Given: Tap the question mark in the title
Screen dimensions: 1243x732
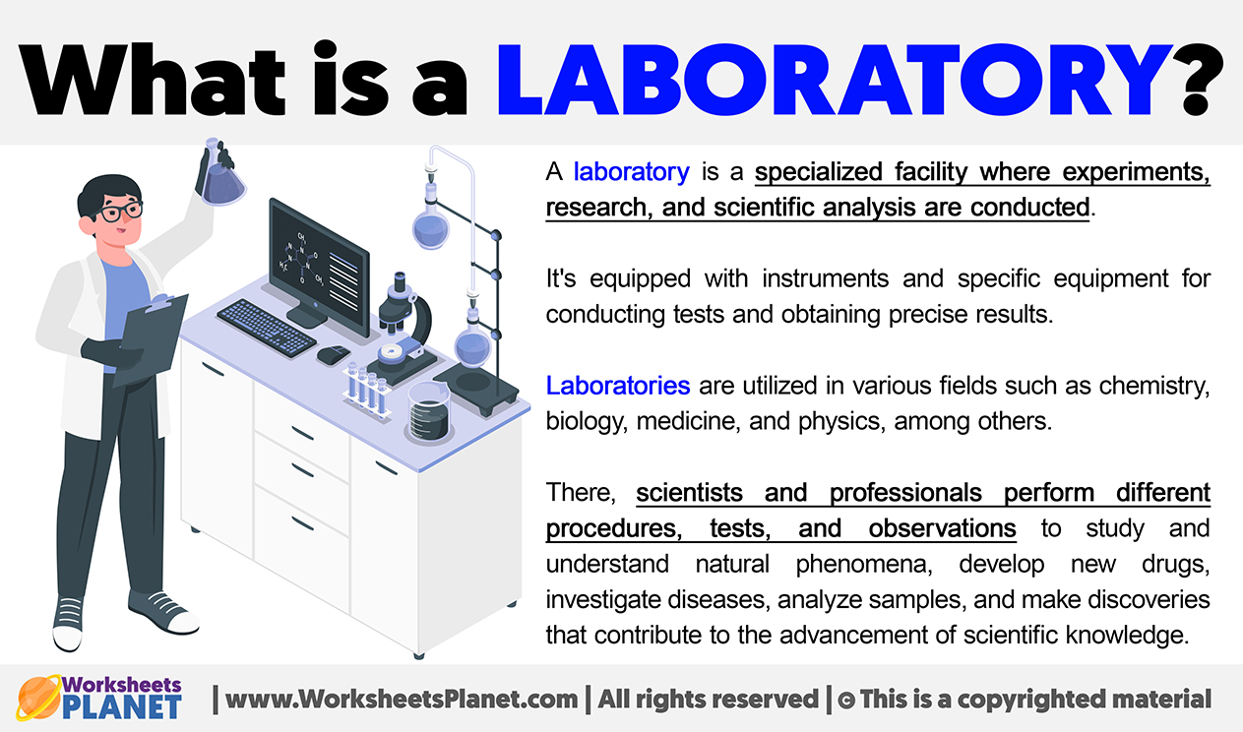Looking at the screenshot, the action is coord(1201,80).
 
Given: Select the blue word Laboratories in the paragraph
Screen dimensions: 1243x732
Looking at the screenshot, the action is coord(618,386).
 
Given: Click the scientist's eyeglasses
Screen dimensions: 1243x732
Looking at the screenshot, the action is coord(119,212).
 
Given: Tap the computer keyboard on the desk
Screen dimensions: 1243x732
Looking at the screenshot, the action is coord(267,328).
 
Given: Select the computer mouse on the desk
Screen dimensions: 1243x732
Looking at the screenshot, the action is coord(333,355).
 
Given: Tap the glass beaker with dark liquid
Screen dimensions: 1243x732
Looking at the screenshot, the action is coord(429,413).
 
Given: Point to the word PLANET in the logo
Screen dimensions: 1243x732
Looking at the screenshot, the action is coord(121,706).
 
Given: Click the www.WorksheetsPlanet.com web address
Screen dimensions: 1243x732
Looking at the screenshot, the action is coord(402,700).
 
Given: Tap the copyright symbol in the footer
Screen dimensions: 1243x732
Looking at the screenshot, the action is coord(845,700).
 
